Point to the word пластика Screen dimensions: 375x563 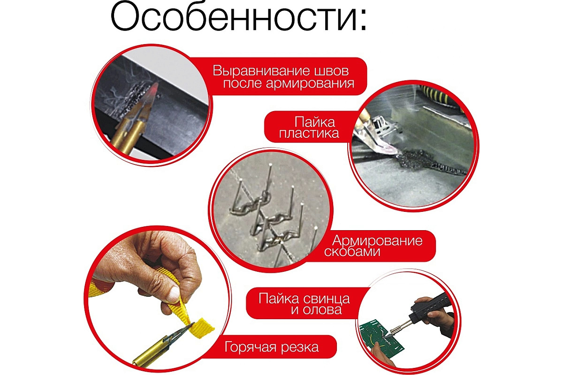pos(309,134)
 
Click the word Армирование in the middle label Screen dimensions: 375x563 pos(378,241)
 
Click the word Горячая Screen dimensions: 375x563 pos(252,347)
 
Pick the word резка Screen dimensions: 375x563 pos(301,347)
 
